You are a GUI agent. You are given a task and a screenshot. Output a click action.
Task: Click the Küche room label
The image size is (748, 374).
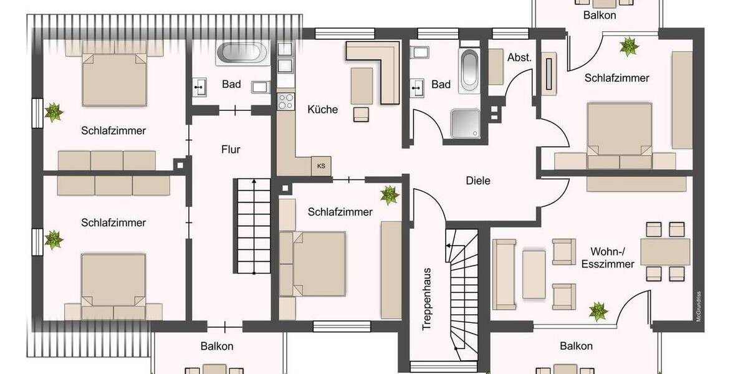322,110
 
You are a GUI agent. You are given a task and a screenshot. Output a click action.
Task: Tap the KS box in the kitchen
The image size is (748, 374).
321,166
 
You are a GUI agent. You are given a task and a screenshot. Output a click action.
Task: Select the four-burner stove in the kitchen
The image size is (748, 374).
285,100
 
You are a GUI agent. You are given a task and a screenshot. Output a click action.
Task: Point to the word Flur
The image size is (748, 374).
231,150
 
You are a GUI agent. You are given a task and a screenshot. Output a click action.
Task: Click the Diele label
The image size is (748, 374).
478,181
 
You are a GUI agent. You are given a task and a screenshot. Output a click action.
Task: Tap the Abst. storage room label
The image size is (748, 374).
519,57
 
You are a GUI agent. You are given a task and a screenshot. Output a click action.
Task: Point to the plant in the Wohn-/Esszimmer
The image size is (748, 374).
598,310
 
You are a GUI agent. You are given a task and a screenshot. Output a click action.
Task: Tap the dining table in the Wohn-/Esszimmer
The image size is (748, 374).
665,251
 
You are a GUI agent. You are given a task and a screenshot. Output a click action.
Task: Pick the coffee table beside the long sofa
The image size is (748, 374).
534,274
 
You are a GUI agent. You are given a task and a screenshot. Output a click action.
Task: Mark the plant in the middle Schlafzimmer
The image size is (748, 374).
391,194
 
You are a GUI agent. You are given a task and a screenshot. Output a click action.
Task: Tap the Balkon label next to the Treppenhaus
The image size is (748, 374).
576,346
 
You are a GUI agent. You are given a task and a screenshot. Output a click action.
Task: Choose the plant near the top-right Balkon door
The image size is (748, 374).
628,46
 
